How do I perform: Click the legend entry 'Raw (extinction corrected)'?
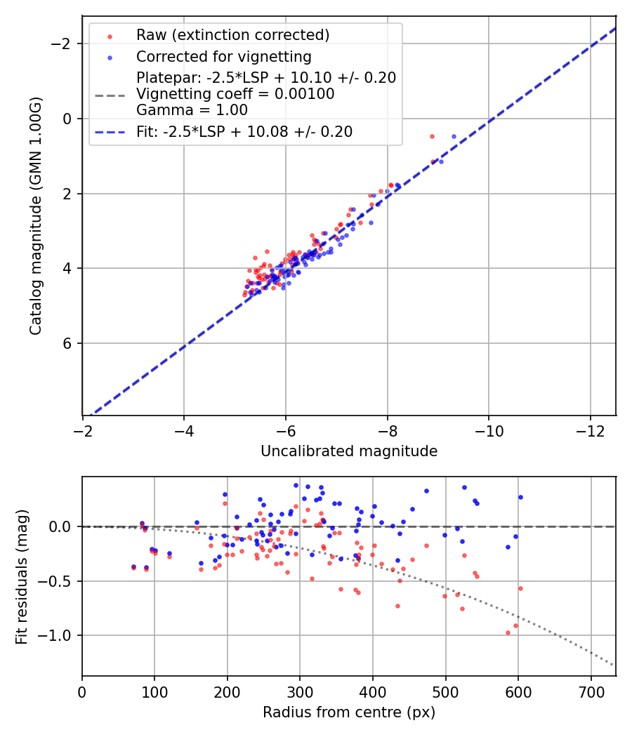point(232,35)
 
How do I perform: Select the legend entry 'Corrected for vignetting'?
point(224,56)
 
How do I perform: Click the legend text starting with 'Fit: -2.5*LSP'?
point(244,131)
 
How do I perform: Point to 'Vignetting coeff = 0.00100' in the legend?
point(235,94)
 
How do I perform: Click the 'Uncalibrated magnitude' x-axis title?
point(349,451)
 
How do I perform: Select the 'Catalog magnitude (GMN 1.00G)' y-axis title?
point(36,215)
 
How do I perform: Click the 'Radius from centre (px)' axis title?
point(349,712)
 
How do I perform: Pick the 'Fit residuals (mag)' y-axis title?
point(22,576)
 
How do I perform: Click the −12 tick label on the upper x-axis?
point(590,430)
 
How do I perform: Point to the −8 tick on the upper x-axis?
point(387,430)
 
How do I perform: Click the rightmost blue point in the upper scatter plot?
point(454,136)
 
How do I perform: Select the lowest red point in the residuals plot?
point(508,632)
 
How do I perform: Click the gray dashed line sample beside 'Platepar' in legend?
point(112,94)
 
